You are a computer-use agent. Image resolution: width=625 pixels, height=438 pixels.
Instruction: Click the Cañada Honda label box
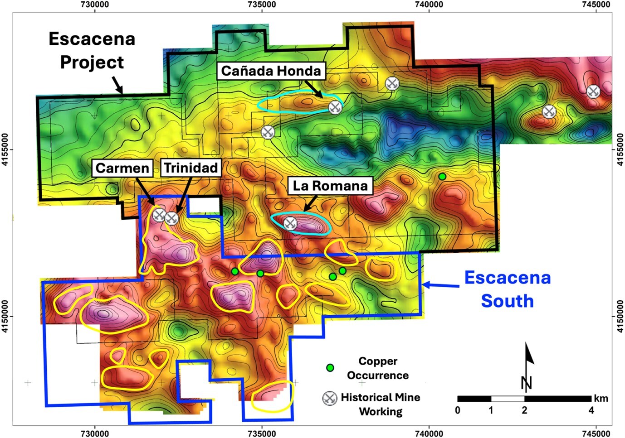coord(271,71)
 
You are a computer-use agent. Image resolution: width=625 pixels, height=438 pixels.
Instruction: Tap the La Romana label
coord(330,186)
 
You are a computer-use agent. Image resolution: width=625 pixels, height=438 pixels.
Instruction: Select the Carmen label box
coord(122,168)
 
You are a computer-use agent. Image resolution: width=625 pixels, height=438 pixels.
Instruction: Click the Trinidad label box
coord(190,168)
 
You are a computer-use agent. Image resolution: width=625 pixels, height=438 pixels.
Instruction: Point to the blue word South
coord(507,301)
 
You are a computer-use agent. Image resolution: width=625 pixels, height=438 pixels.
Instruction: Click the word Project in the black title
coord(92,62)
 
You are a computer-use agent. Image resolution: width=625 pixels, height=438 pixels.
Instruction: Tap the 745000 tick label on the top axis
coord(596,5)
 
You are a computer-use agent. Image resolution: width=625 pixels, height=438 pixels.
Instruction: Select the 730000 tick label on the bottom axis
coord(95,433)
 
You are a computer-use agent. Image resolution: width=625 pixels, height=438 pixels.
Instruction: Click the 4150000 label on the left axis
coord(5,316)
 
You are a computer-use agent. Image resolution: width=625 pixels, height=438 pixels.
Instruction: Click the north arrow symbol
coord(527,367)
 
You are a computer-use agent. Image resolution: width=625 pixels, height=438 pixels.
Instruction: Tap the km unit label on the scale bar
coord(601,399)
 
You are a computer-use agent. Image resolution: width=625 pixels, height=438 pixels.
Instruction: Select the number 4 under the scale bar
coord(591,410)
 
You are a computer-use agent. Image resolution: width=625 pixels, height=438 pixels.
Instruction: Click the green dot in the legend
coord(330,368)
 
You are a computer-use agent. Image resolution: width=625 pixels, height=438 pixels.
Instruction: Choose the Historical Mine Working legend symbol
coord(330,399)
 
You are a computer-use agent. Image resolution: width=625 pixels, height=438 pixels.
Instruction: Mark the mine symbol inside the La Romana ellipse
coord(290,223)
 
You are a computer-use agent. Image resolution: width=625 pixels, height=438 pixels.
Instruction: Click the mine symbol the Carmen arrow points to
coord(158,215)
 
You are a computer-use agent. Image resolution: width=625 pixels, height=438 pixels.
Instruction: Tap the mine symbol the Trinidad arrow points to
coord(171,219)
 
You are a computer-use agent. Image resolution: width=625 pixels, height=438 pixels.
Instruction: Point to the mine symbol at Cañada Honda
coord(335,107)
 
